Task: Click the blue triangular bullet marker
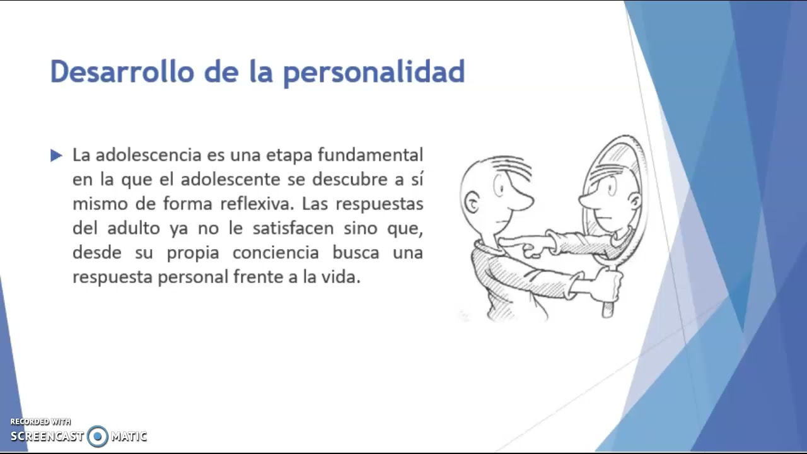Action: (56, 155)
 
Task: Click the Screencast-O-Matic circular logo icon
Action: (98, 436)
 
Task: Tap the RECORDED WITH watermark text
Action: (40, 422)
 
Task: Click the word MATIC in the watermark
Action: (129, 436)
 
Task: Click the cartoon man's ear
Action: (472, 202)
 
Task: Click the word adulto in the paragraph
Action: (134, 228)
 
